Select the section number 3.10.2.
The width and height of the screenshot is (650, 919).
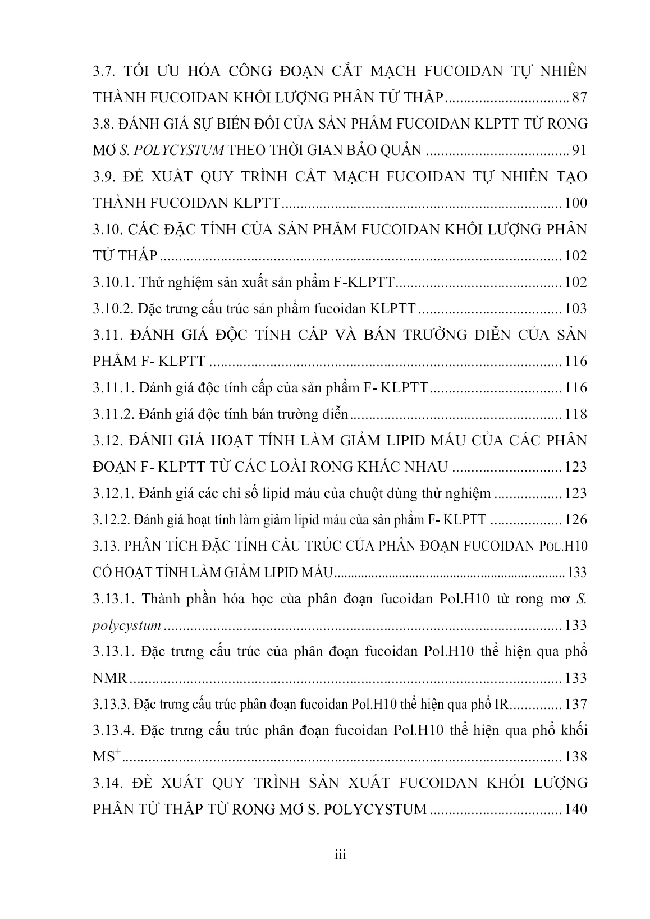[x=113, y=308]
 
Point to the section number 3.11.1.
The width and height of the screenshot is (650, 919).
[x=113, y=387]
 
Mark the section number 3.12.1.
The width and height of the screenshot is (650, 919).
[x=113, y=493]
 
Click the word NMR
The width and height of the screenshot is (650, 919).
[x=111, y=678]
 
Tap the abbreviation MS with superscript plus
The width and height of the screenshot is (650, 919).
[x=107, y=757]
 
